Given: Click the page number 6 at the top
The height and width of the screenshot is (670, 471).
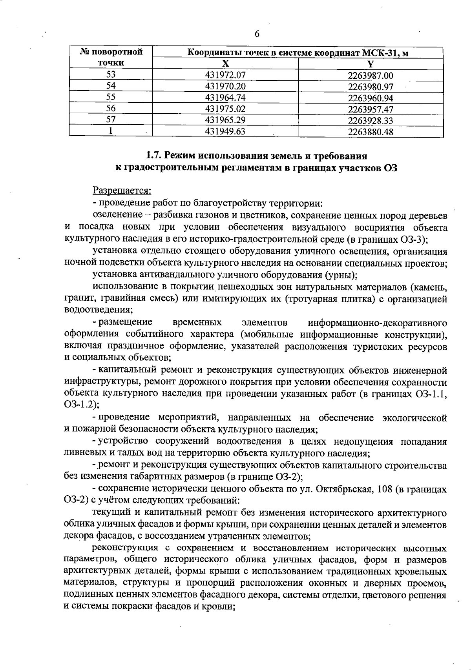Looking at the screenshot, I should [x=257, y=34].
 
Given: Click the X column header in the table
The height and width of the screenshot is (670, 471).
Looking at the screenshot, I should [x=225, y=64].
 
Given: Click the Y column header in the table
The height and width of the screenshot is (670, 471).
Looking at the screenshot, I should [x=371, y=64].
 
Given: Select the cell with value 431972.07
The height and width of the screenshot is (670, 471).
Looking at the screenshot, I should [x=225, y=74].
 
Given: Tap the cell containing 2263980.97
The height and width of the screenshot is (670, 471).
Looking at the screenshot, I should [x=371, y=86].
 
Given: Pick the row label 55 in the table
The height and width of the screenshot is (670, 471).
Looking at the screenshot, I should [x=111, y=98].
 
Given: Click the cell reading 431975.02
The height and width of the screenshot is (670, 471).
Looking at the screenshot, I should [x=225, y=109].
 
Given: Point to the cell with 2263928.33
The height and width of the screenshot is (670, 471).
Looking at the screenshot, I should [x=371, y=120].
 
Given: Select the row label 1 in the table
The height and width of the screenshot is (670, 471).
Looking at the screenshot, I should [x=111, y=132].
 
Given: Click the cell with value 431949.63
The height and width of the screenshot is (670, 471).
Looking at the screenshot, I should [x=225, y=132].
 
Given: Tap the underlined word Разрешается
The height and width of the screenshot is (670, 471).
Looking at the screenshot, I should [x=122, y=191].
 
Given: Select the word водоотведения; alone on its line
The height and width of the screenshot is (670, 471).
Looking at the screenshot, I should [x=98, y=310].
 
